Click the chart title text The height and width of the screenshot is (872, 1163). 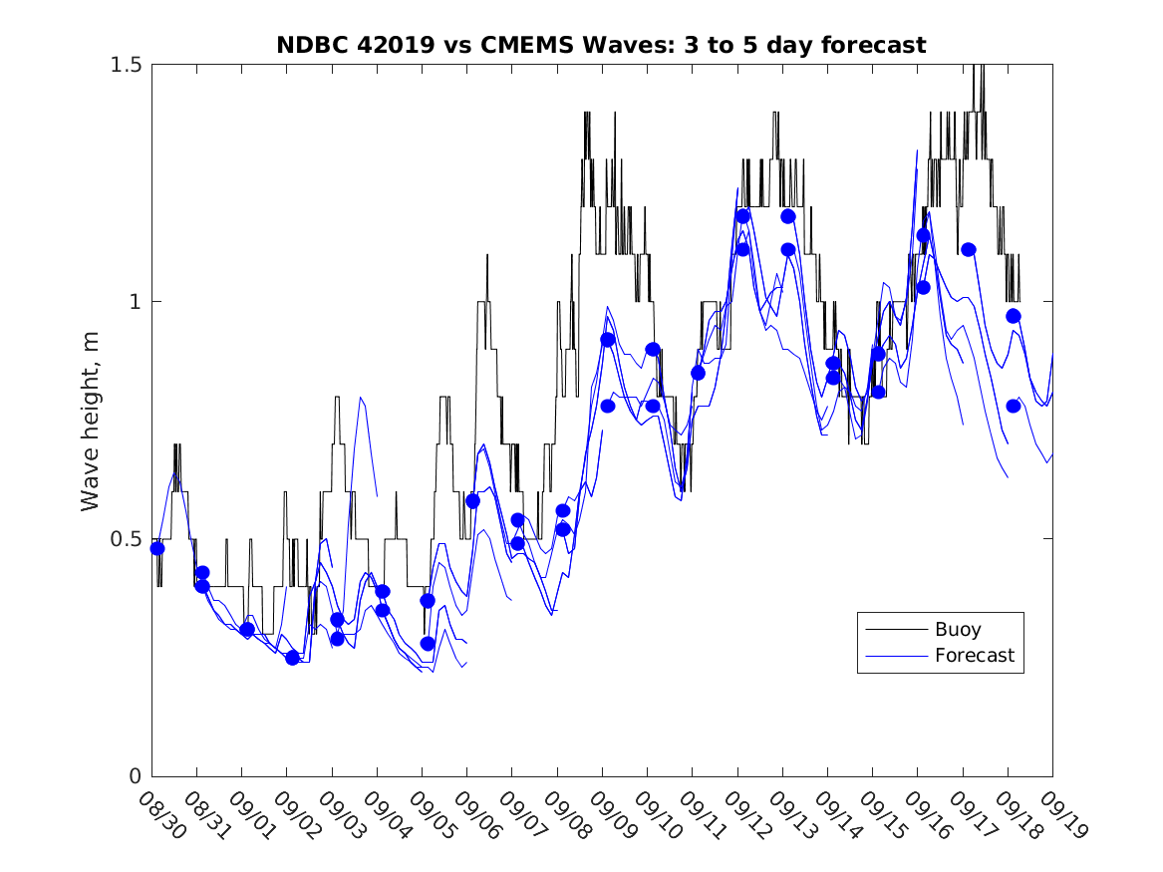[601, 45]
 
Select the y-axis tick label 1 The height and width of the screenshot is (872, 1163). [137, 302]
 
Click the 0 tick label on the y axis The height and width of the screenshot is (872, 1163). [137, 776]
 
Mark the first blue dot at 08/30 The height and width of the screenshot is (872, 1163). [157, 548]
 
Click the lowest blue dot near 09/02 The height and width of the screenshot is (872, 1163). [292, 658]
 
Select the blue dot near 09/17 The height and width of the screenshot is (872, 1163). [968, 249]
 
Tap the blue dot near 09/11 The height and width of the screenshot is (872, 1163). [698, 373]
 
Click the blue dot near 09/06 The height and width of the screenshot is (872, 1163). [472, 501]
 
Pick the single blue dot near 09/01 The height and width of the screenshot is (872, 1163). [247, 630]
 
